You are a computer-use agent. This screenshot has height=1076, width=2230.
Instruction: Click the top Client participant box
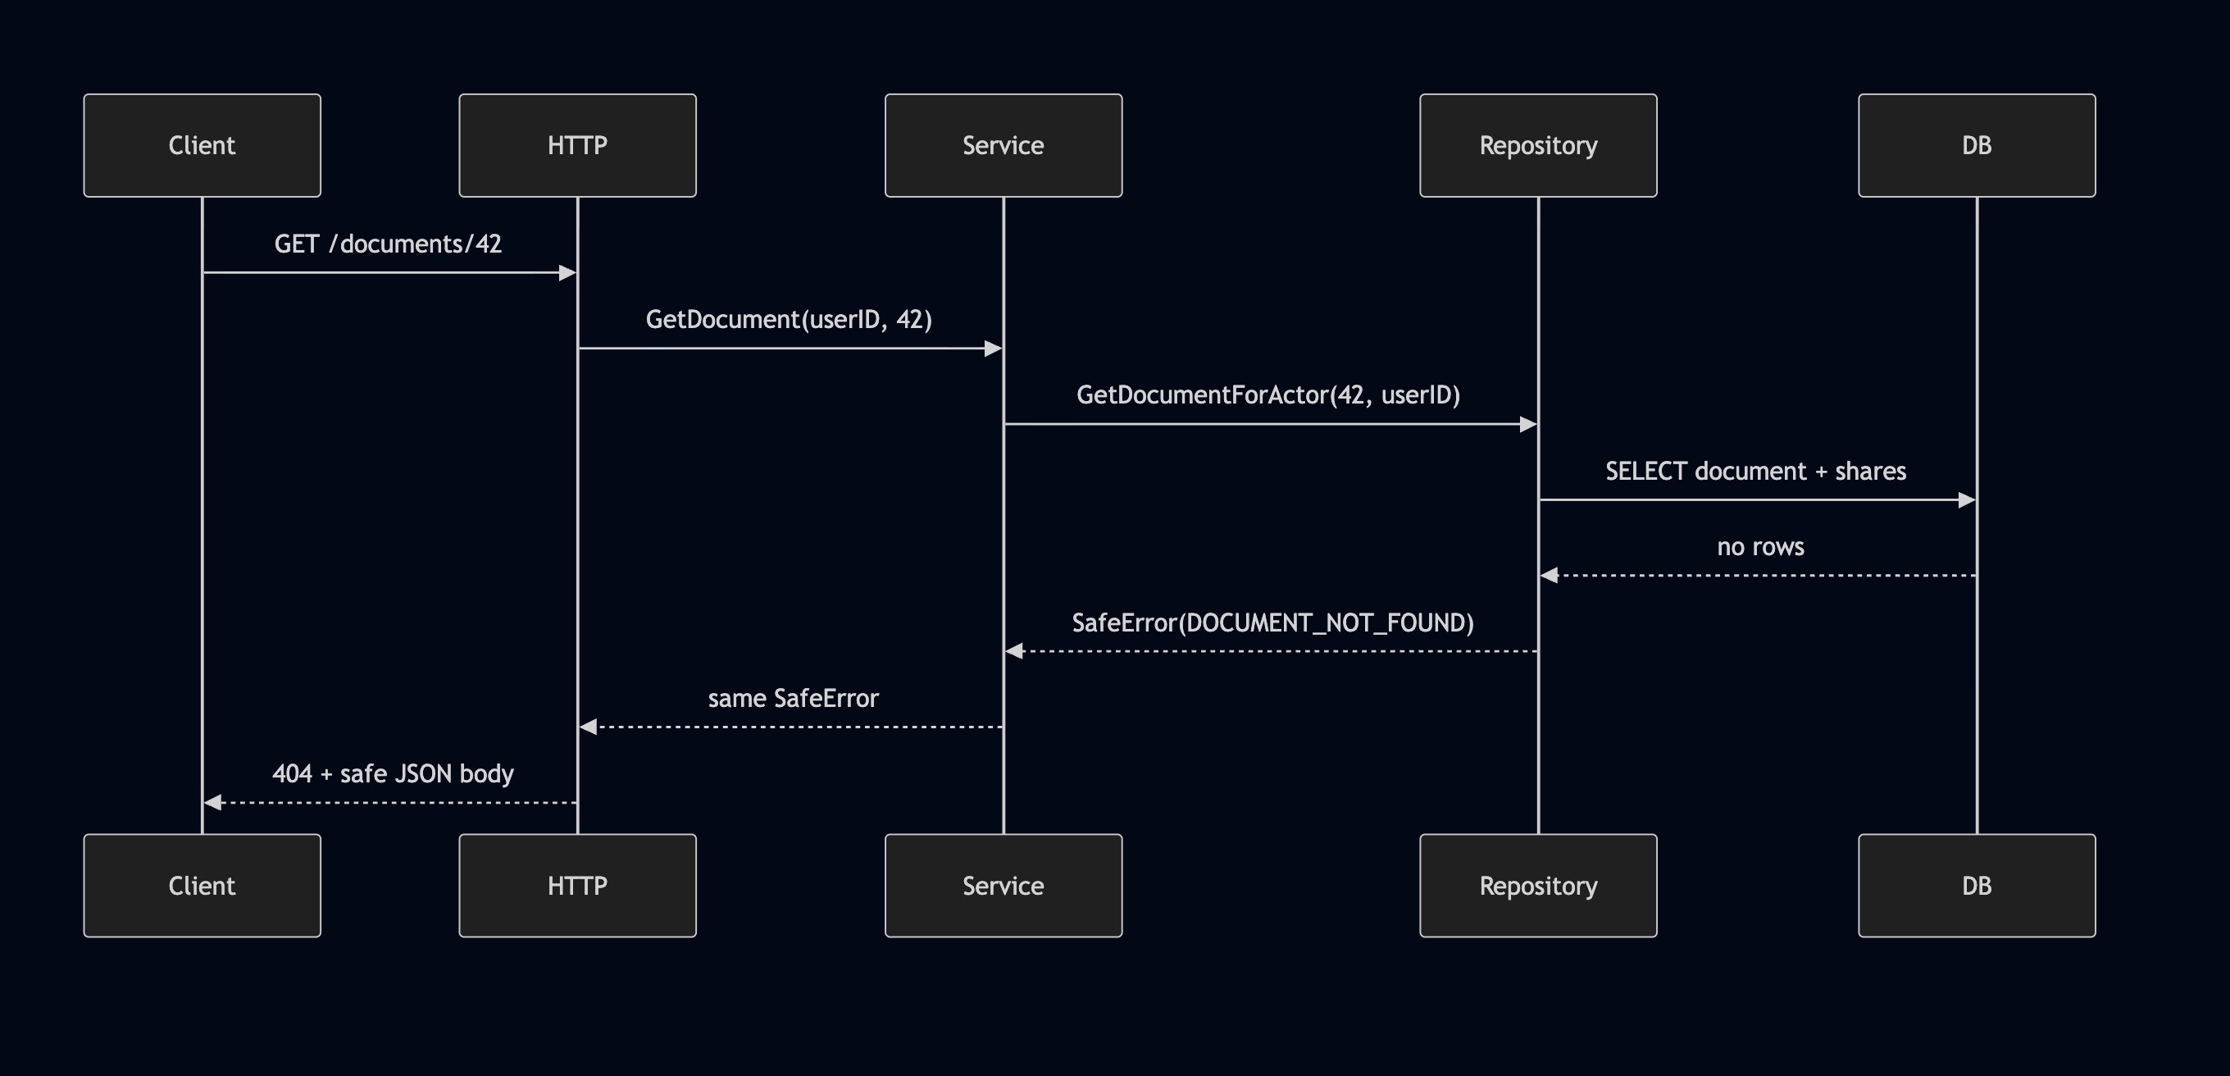tap(202, 145)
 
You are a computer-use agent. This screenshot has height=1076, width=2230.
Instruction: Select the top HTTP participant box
tap(577, 145)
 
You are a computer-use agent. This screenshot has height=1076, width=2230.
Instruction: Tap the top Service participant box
tap(1003, 145)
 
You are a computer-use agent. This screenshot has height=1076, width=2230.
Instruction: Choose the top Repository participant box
tap(1538, 145)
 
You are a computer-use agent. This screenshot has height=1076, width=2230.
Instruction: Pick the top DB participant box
tap(1977, 145)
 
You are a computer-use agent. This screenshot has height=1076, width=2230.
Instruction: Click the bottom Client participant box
tap(202, 886)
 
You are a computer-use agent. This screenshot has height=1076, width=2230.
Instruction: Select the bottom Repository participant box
tap(1538, 886)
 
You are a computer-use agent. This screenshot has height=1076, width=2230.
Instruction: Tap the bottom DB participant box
tap(1977, 886)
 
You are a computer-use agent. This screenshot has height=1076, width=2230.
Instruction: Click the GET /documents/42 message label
tap(388, 244)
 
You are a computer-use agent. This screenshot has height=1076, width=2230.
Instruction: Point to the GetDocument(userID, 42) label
tap(789, 319)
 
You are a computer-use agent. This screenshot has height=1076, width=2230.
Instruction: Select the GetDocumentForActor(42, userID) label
tap(1268, 394)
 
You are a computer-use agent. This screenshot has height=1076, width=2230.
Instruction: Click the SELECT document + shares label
tap(1755, 471)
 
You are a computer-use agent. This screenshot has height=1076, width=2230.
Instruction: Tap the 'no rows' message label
tap(1760, 547)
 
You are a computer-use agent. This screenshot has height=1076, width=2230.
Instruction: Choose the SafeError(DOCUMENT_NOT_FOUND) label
tap(1272, 622)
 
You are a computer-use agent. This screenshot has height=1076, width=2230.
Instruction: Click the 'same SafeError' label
tap(793, 699)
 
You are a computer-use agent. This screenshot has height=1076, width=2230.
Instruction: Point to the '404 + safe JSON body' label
tap(393, 774)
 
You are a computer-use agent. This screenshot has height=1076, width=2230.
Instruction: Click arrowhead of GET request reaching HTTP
tap(568, 272)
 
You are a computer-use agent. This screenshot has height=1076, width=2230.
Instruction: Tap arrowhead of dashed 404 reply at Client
tap(213, 802)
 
